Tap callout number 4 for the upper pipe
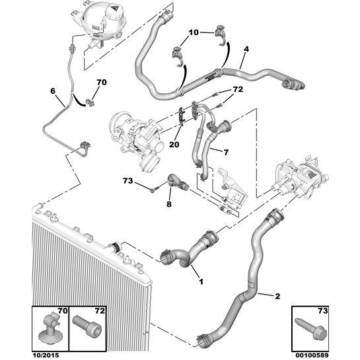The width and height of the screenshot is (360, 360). tap(246, 49)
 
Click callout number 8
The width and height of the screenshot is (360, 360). tap(168, 205)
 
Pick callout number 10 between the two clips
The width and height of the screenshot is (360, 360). tap(193, 32)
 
